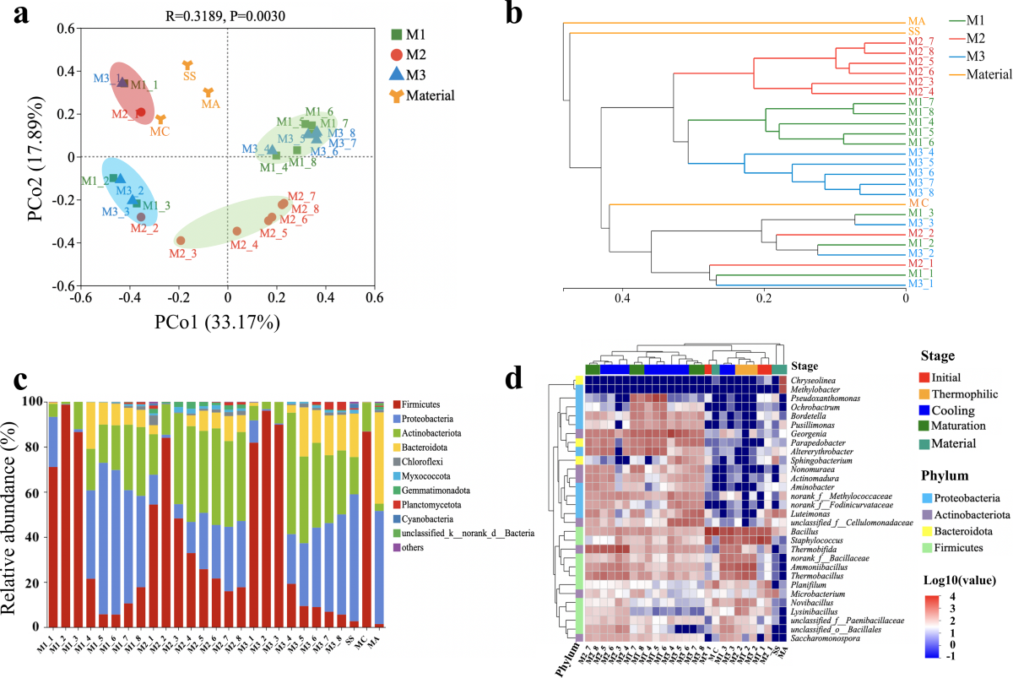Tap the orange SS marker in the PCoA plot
click(x=188, y=66)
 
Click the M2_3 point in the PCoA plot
click(x=180, y=241)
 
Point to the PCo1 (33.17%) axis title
click(x=227, y=323)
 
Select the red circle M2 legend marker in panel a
click(x=396, y=56)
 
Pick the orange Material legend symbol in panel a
click(x=396, y=95)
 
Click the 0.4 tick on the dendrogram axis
click(x=622, y=297)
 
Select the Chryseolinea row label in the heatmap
click(x=814, y=380)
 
